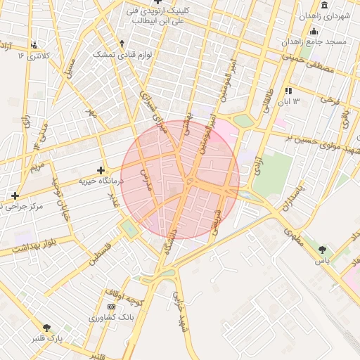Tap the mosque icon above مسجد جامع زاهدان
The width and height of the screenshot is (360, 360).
pyautogui.click(x=314, y=32)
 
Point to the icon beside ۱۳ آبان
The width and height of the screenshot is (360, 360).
pyautogui.click(x=288, y=91)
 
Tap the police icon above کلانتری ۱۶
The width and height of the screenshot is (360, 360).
pyautogui.click(x=34, y=45)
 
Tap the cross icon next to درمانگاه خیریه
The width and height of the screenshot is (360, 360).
pyautogui.click(x=101, y=170)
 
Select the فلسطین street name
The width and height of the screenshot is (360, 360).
pyautogui.click(x=101, y=255)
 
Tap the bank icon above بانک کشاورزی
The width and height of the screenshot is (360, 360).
pyautogui.click(x=111, y=308)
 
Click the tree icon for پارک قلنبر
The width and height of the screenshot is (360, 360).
pyautogui.click(x=47, y=328)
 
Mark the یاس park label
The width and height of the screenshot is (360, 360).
pyautogui.click(x=323, y=261)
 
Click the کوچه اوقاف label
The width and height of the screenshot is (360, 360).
pyautogui.click(x=124, y=296)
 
